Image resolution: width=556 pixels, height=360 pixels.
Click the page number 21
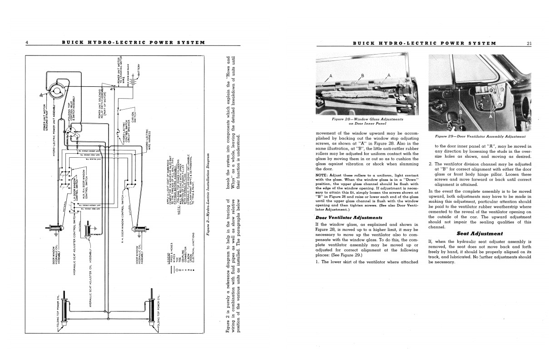pyautogui.click(x=529, y=44)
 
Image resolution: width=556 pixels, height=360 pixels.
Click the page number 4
pyautogui.click(x=27, y=43)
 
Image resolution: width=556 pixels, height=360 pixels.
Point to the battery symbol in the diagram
pyautogui.click(x=132, y=86)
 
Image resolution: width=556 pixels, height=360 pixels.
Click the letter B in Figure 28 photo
pyautogui.click(x=362, y=75)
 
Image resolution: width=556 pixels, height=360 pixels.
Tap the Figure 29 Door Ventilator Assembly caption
pyautogui.click(x=480, y=136)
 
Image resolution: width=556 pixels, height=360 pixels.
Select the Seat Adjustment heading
pyautogui.click(x=479, y=234)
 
